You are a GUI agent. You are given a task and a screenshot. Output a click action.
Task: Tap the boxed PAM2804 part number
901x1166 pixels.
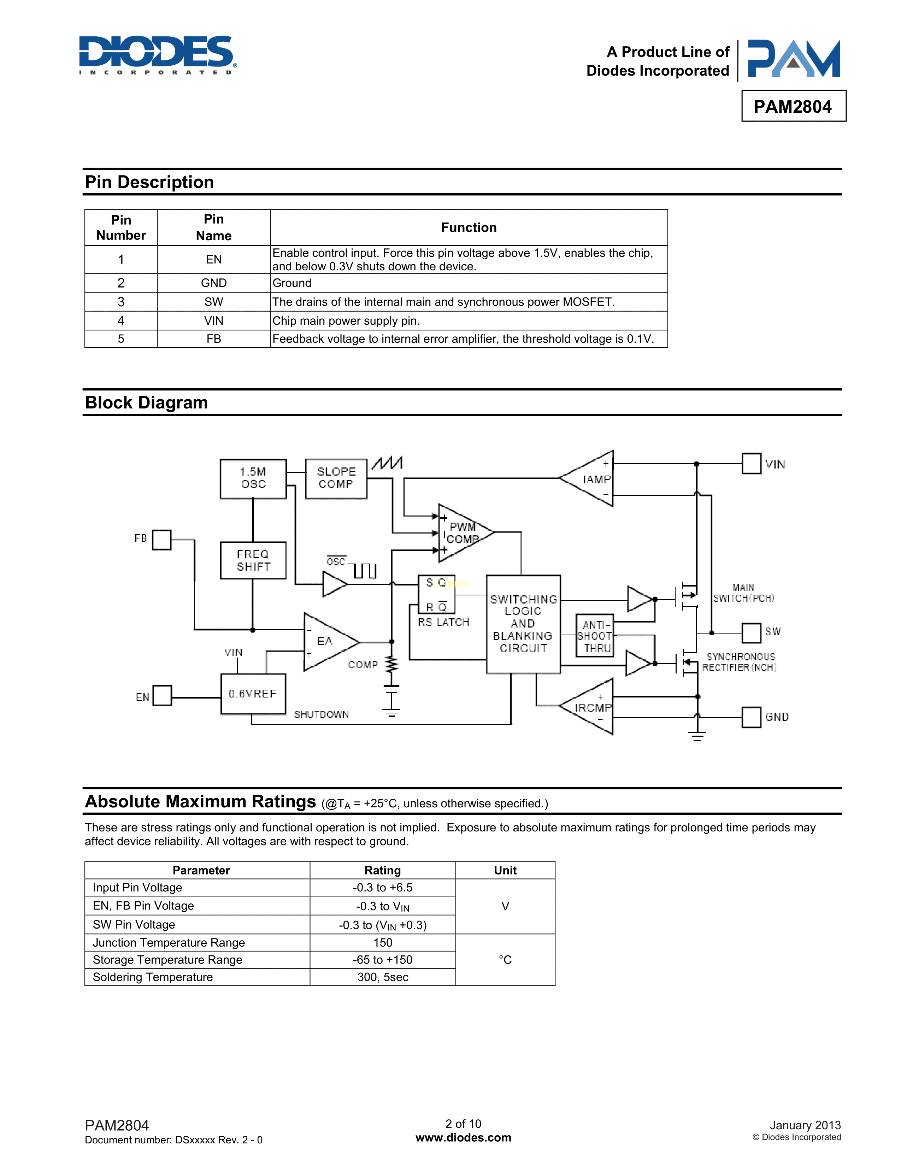click(793, 106)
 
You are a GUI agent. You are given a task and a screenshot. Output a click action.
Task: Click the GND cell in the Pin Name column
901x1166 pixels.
click(213, 283)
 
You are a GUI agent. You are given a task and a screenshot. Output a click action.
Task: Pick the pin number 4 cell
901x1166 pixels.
click(121, 320)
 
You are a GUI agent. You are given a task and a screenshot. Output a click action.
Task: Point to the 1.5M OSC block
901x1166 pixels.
click(253, 478)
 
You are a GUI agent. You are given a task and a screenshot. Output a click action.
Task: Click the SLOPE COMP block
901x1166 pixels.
click(336, 478)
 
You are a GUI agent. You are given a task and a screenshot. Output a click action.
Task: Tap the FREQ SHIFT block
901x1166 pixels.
click(253, 561)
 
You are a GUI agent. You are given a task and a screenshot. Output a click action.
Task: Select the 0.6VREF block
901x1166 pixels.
click(253, 694)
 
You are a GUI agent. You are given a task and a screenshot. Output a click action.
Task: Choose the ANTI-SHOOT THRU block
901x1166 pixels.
click(595, 636)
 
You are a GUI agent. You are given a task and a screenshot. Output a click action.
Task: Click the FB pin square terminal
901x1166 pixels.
click(162, 539)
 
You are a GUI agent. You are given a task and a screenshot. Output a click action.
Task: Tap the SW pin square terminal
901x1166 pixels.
click(751, 633)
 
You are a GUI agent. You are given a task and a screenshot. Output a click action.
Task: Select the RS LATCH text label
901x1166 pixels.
click(443, 622)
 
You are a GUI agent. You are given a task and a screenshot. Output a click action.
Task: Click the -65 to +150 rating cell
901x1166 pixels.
click(382, 959)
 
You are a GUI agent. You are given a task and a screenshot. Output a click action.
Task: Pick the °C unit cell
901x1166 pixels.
click(505, 959)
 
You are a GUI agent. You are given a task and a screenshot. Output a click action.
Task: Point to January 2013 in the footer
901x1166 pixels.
click(805, 1125)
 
